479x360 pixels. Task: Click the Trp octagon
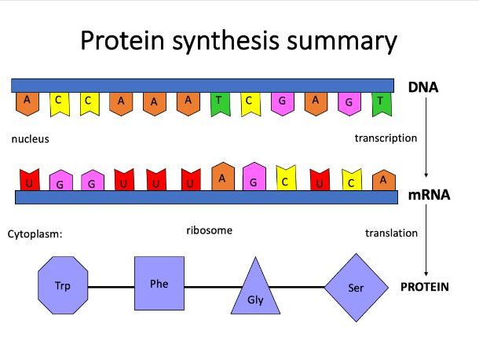click(63, 285)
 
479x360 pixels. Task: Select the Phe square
click(159, 283)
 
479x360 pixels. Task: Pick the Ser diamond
click(357, 288)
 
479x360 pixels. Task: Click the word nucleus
click(31, 139)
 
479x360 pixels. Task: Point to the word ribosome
click(209, 230)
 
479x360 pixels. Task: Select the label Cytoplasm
click(35, 234)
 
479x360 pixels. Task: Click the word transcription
click(386, 138)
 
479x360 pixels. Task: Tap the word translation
click(391, 233)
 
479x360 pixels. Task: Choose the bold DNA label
click(423, 87)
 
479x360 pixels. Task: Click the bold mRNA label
click(429, 195)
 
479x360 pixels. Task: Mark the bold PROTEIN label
click(425, 287)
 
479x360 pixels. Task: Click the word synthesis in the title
click(225, 42)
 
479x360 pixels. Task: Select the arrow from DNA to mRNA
click(426, 137)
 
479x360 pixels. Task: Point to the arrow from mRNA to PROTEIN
click(426, 240)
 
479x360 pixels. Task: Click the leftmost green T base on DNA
click(220, 104)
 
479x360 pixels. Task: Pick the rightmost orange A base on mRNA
click(384, 181)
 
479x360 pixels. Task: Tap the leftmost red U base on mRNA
click(30, 180)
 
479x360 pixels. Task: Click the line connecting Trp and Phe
click(112, 287)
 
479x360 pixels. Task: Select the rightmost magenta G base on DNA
click(349, 104)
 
